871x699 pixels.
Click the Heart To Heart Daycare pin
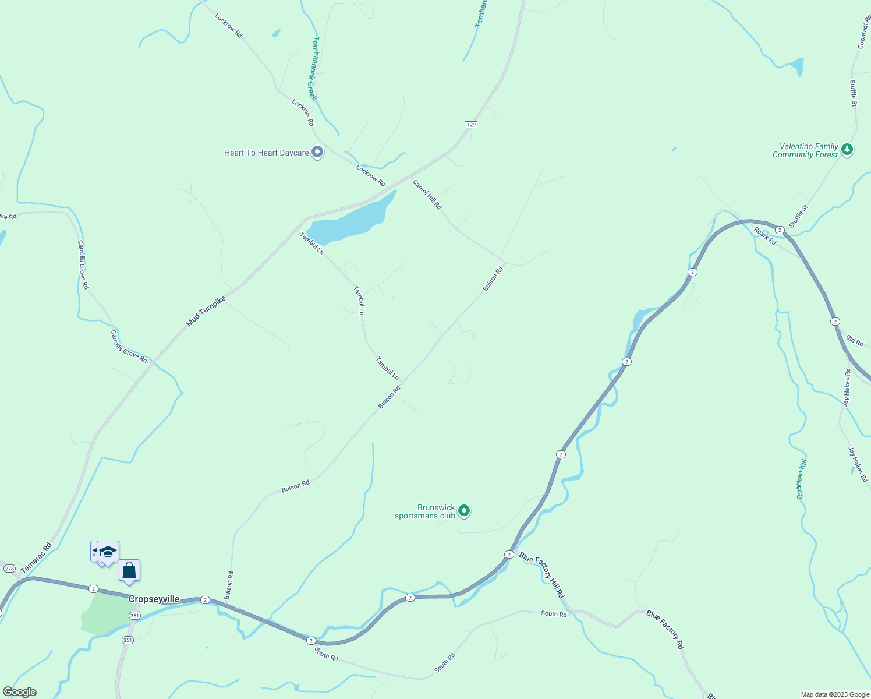[317, 152]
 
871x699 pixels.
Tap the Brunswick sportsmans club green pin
[464, 511]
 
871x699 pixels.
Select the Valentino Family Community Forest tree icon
[847, 150]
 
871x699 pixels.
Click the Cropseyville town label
[154, 599]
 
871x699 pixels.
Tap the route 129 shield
[471, 125]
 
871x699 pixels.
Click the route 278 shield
[9, 568]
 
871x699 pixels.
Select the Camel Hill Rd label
[427, 195]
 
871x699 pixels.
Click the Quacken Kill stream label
[802, 479]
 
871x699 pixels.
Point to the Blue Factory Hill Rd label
[541, 575]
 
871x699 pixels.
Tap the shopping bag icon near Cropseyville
[129, 571]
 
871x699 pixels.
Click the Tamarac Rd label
[36, 558]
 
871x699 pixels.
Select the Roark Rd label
[765, 236]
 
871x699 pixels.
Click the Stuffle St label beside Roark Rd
[798, 216]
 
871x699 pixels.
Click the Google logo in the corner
[19, 692]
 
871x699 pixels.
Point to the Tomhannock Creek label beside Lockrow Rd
[313, 69]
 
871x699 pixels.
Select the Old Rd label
[855, 340]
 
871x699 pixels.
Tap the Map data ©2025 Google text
[835, 694]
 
